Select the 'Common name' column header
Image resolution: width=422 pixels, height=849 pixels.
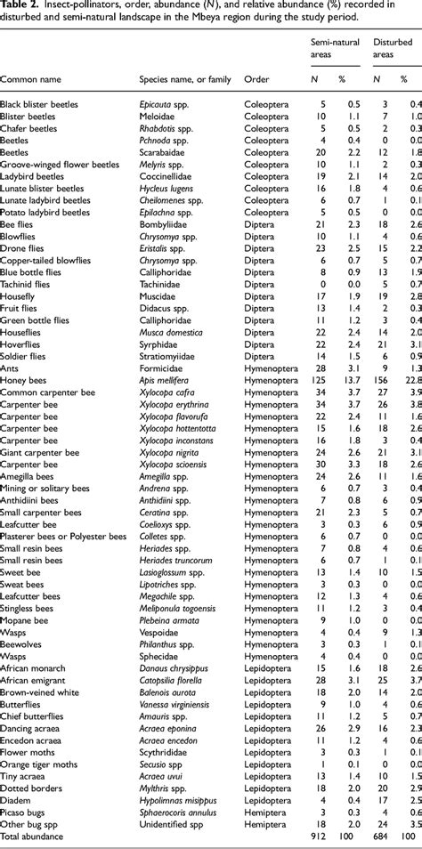(x=35, y=79)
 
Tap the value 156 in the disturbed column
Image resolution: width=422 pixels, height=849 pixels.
(x=379, y=403)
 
